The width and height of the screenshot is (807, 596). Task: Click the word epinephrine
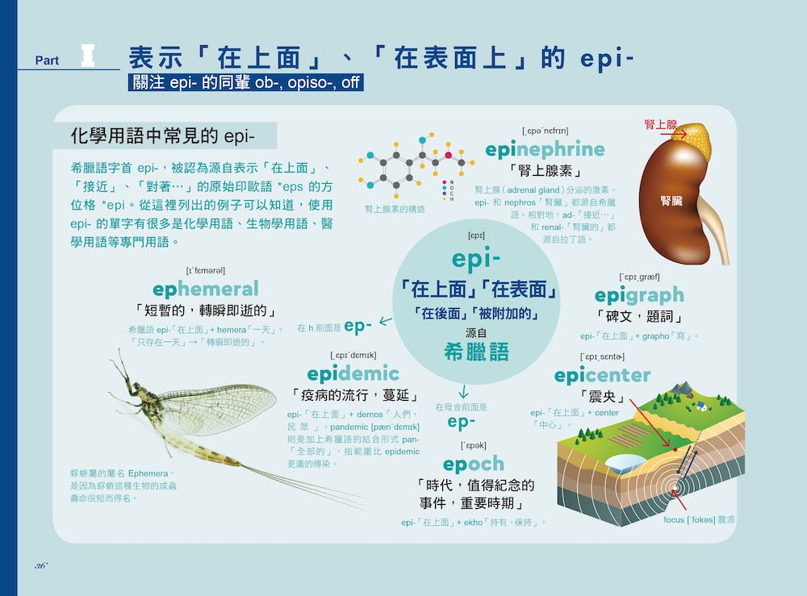545,150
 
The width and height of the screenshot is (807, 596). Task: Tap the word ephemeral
205,289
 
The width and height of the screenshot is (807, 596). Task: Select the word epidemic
353,374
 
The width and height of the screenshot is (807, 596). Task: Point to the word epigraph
639,296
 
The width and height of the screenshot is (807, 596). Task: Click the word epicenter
602,375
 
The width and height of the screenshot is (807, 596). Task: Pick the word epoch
474,465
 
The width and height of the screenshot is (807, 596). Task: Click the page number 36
40,565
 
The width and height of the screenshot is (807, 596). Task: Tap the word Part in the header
47,60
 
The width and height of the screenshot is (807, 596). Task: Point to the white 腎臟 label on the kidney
671,201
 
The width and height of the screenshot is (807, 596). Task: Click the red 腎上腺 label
661,124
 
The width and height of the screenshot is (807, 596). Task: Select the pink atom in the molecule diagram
448,156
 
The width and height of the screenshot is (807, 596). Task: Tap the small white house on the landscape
701,406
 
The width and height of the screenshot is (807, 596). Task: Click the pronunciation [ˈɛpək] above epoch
474,445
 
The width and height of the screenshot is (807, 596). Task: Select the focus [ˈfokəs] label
699,520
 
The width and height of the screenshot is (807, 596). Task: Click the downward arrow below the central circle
463,391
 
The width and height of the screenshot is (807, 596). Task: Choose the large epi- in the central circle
476,259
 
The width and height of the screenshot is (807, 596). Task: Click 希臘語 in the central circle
476,352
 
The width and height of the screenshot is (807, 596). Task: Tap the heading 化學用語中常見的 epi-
163,135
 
